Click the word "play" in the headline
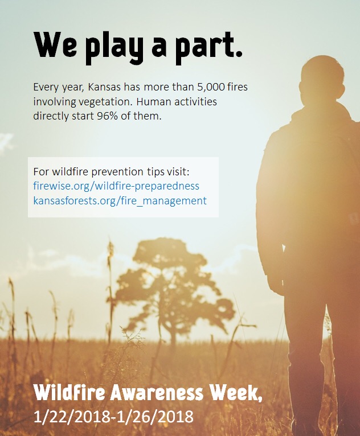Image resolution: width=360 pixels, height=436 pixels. coord(114,48)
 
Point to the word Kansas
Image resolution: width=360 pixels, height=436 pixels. coord(104,87)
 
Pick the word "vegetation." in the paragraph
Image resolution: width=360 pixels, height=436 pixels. coord(105,102)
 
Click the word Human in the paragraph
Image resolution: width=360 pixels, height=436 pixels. coord(154,101)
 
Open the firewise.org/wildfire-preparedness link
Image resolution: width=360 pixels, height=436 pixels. coord(116,186)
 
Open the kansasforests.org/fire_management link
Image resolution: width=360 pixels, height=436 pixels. coord(120,201)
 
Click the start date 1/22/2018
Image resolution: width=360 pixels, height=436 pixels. coord(72,417)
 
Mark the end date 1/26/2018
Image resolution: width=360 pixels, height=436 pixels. coord(155,417)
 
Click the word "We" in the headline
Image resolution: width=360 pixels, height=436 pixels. coord(56,44)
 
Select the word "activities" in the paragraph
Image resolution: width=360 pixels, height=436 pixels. coord(195,101)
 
